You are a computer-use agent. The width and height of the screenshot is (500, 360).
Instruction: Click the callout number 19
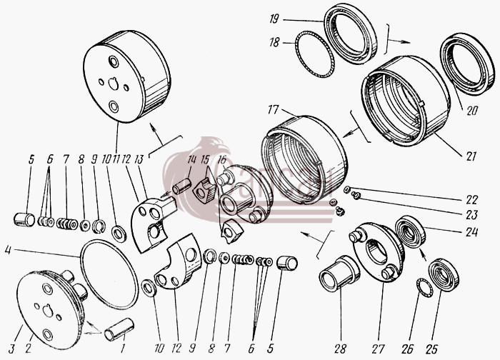274,19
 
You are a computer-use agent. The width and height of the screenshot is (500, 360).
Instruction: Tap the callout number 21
471,156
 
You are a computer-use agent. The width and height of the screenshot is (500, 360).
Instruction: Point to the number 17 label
273,110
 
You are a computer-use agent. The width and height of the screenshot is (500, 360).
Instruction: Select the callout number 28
341,349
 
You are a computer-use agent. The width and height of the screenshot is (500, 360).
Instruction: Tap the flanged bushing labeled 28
339,274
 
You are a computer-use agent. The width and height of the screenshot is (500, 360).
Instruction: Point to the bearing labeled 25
444,276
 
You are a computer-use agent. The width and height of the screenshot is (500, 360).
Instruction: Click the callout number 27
378,349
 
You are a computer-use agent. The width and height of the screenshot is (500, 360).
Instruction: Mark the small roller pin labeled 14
181,186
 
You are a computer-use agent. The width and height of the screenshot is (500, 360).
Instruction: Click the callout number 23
471,214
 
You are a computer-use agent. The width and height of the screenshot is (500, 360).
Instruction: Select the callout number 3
12,349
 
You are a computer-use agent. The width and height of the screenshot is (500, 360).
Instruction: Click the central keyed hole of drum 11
113,84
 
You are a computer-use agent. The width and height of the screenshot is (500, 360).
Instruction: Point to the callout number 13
139,159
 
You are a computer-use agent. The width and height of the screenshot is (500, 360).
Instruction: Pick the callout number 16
221,159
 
